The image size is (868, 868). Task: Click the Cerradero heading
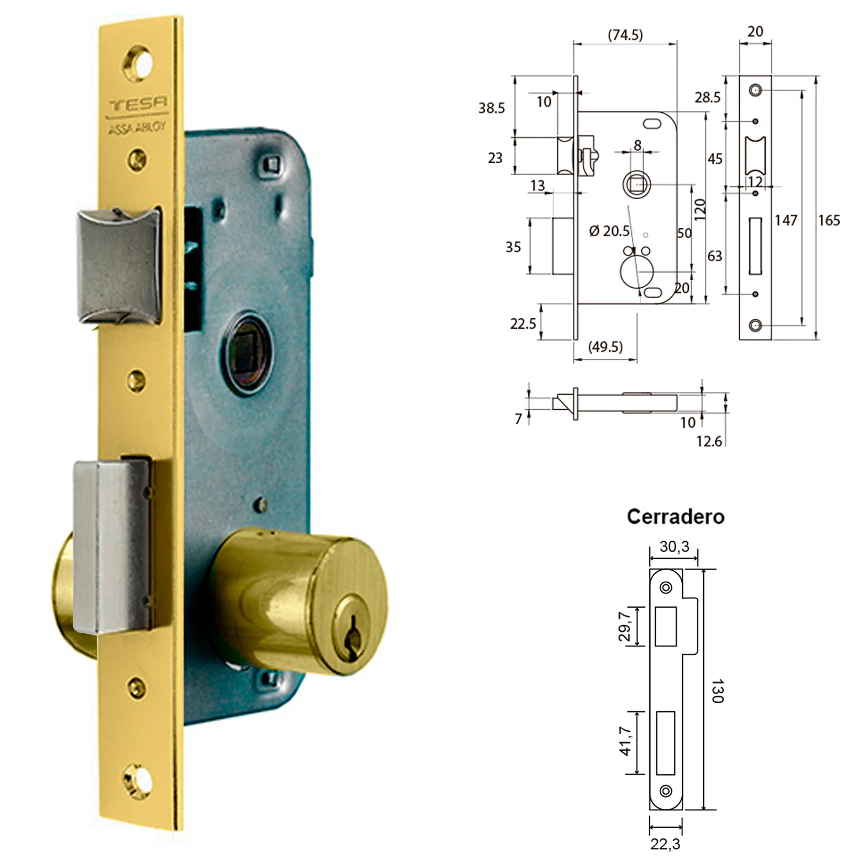click(675, 517)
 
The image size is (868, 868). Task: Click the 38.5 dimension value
click(491, 108)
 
